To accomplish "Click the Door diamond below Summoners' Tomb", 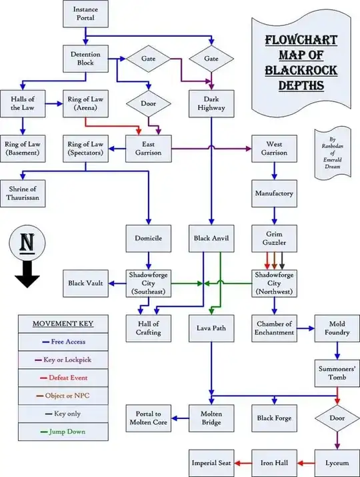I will click(x=337, y=418).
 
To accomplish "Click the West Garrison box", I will click(x=273, y=148).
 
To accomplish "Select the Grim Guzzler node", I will click(x=273, y=238).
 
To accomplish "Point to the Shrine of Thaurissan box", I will click(x=23, y=193).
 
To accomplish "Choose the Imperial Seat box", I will click(x=211, y=462).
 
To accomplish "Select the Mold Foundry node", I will click(x=337, y=328).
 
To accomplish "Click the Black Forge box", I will click(x=273, y=418).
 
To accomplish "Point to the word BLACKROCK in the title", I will click(x=296, y=69).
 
